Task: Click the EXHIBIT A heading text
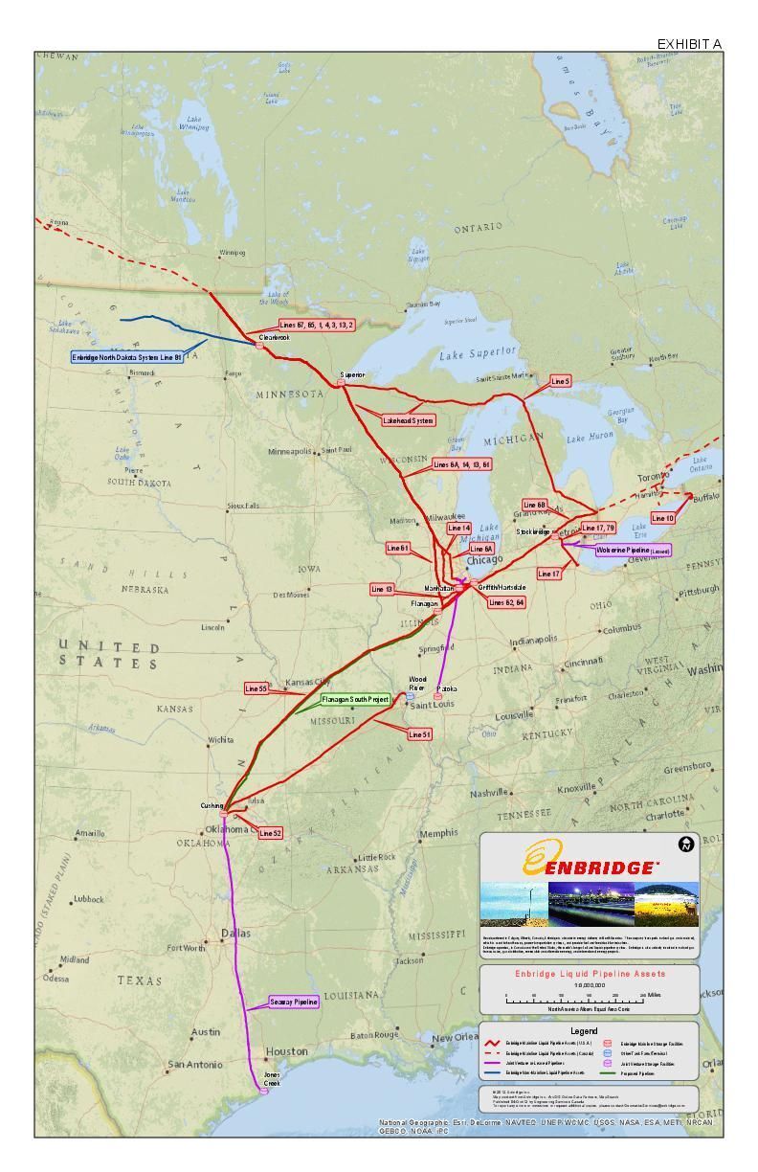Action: tap(689, 44)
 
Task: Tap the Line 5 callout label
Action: tap(561, 381)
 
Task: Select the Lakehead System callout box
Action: tap(409, 420)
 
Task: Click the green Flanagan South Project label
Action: tap(355, 700)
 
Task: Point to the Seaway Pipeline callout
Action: tap(293, 1002)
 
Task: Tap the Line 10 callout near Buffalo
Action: tap(662, 518)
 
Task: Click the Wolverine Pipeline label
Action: tap(633, 551)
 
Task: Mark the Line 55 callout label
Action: tap(256, 688)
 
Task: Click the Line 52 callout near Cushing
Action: tap(271, 833)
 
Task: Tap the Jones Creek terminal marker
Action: tap(264, 1090)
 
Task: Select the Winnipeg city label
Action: tap(233, 254)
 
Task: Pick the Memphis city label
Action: tap(439, 833)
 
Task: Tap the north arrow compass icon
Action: tap(686, 844)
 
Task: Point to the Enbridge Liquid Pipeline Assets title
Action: tap(590, 974)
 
